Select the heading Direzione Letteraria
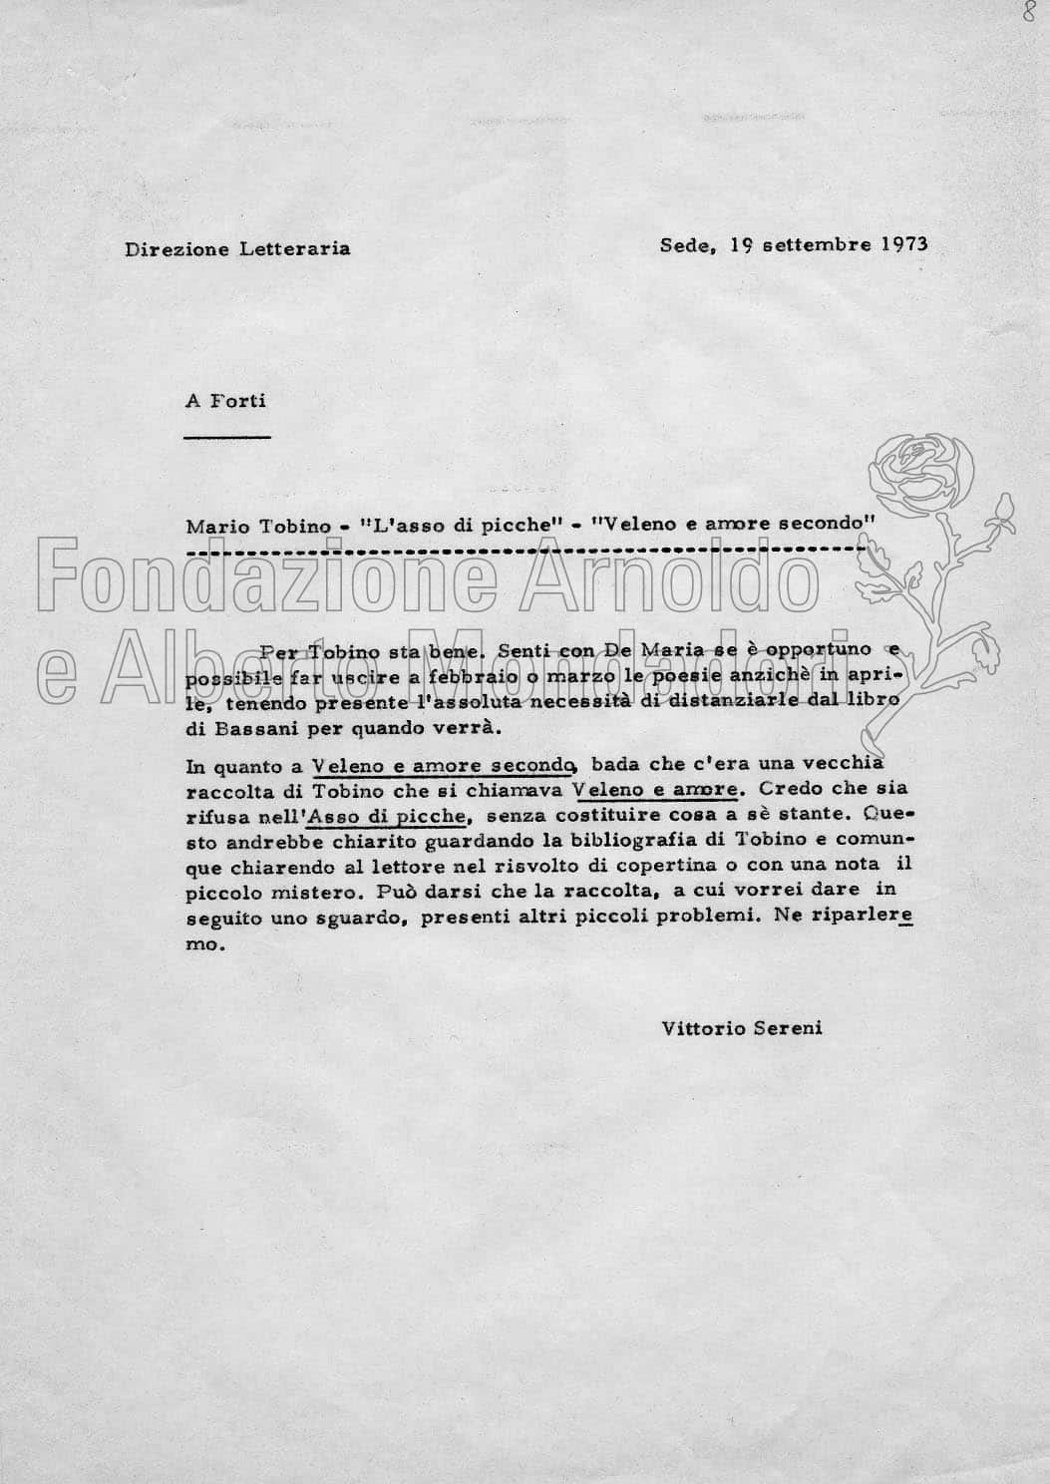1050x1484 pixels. [x=237, y=248]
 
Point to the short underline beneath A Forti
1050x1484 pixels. [x=228, y=436]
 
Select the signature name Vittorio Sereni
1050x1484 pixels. [x=741, y=1027]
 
